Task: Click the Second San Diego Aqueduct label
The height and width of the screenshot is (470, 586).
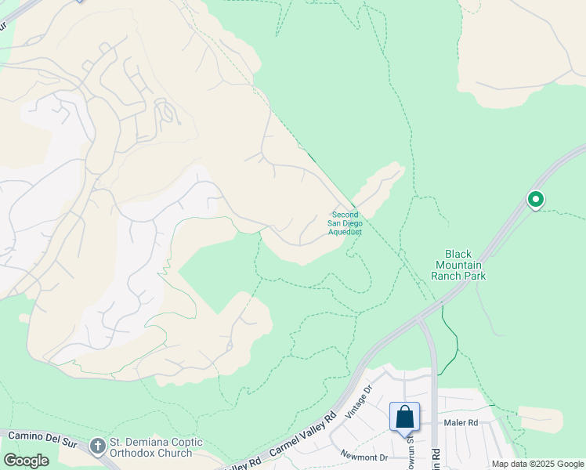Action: [x=345, y=223]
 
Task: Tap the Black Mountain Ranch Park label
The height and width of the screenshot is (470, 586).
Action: [x=458, y=265]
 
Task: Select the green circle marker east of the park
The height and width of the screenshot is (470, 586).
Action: [x=536, y=200]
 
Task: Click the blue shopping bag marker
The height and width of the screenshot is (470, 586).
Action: [x=404, y=417]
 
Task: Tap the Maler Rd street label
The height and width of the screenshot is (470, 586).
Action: [x=461, y=423]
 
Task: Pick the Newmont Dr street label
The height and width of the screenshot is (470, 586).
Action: [x=364, y=456]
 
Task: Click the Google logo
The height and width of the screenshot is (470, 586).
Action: [x=26, y=461]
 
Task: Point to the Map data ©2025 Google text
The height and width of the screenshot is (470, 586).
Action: [x=537, y=464]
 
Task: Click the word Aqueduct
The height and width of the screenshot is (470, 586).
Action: [x=345, y=232]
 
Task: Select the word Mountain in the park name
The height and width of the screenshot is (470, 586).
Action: [x=458, y=265]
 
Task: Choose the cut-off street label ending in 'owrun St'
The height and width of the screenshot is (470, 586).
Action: [x=409, y=452]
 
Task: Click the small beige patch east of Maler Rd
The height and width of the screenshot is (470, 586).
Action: [x=540, y=419]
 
